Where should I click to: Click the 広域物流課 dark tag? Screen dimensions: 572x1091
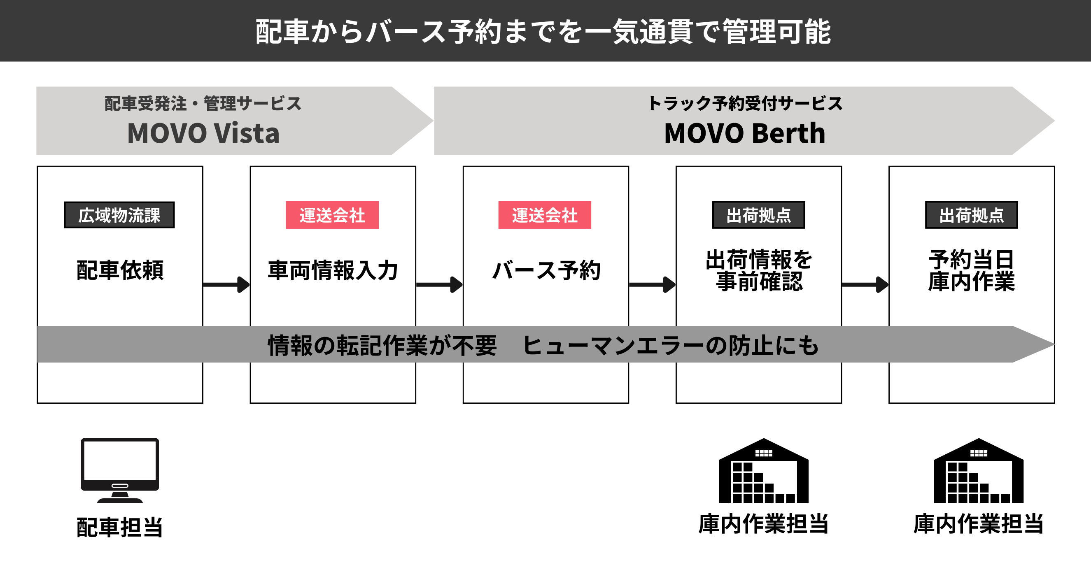[119, 215]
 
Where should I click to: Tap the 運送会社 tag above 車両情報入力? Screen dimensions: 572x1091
[332, 215]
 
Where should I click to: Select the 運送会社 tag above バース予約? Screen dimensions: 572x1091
[544, 215]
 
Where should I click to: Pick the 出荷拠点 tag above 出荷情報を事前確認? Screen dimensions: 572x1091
[758, 215]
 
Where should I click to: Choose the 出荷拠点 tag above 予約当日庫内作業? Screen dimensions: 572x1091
[971, 215]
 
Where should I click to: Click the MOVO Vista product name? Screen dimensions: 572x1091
[203, 133]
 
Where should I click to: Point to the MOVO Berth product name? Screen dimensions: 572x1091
[745, 133]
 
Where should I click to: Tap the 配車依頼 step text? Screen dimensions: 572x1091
[120, 270]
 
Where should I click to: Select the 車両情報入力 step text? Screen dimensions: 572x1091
[333, 270]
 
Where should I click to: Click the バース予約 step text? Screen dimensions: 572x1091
[546, 270]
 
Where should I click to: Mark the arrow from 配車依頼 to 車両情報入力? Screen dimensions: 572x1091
[226, 284]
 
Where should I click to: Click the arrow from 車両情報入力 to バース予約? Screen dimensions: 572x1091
[439, 284]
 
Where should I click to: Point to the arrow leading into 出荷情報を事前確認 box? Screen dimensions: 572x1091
[652, 284]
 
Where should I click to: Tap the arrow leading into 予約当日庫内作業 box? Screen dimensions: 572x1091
[865, 284]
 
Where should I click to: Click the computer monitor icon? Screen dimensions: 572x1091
[120, 470]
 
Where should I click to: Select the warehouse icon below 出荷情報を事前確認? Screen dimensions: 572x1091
[764, 471]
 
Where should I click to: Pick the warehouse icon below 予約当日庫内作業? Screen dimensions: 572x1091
[978, 471]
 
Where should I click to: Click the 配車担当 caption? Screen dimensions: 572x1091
[120, 527]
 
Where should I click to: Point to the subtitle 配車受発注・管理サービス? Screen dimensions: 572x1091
[203, 104]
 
